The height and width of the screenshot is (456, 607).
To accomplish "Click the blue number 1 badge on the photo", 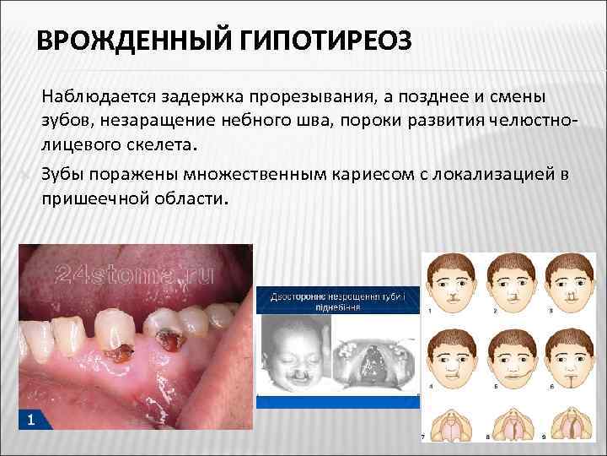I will (x=30, y=420).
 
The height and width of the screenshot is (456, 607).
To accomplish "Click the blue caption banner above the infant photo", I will (x=337, y=301).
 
